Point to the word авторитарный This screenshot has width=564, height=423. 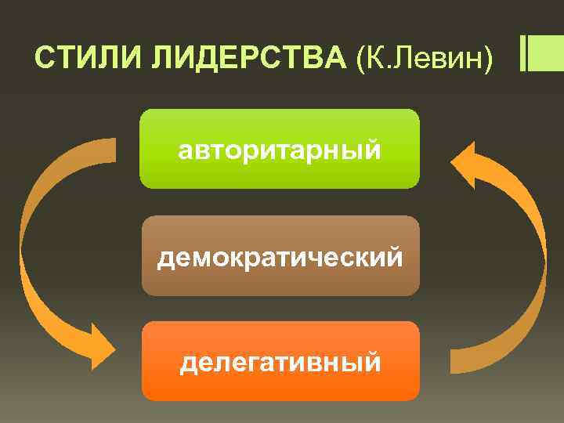[x=280, y=150]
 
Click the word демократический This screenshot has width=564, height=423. [x=280, y=257]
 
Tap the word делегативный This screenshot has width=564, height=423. [x=280, y=363]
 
